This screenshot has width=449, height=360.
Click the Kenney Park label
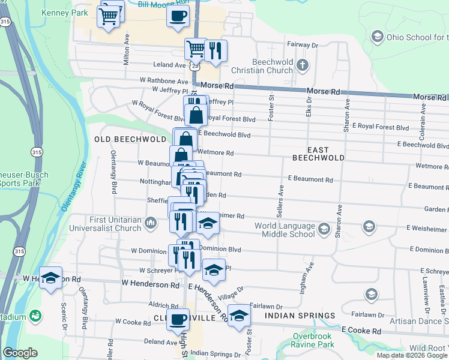(65, 11)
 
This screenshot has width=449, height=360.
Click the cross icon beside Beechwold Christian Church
(304, 64)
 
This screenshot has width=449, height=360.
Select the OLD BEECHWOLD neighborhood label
(130, 139)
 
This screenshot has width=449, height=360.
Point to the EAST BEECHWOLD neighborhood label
(318, 153)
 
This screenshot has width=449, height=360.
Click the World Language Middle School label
(285, 230)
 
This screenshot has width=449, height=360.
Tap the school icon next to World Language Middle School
(324, 229)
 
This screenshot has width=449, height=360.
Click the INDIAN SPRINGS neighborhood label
(300, 316)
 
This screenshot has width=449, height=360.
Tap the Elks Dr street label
(309, 107)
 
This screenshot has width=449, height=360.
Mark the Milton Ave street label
(127, 49)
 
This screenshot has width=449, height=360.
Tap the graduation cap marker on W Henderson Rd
(50, 277)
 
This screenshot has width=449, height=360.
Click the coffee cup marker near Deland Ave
(178, 319)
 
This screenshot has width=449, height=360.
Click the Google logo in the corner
(20, 353)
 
